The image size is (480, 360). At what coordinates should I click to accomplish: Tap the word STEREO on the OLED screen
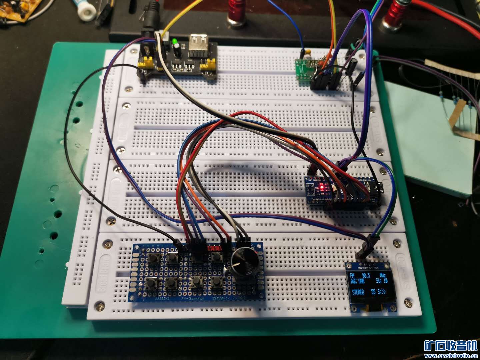click(x=358, y=292)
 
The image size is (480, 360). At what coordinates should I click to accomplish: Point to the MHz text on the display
click(x=383, y=275)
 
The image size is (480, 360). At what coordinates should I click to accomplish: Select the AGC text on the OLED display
click(x=353, y=281)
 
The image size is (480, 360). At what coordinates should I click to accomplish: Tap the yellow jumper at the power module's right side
click(x=210, y=63)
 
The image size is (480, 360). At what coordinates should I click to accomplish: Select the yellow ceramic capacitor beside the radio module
click(x=309, y=53)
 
